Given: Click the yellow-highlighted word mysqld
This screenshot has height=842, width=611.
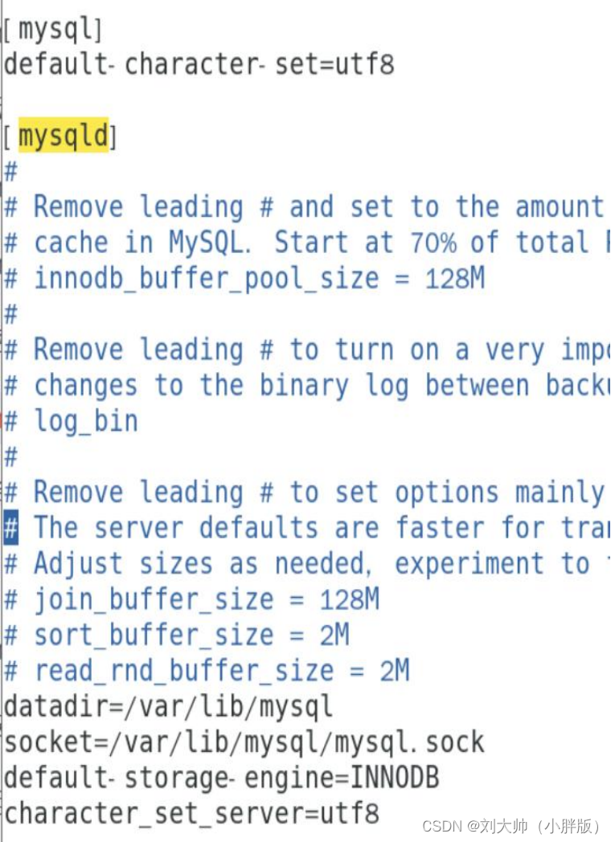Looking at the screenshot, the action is coord(64,136).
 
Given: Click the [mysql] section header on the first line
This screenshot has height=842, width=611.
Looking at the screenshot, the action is coord(53,30).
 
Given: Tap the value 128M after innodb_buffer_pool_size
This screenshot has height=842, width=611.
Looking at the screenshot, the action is coord(454,278).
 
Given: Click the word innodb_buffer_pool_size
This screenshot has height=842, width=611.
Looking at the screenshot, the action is coord(206,279).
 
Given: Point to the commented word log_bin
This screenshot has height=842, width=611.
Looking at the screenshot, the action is coord(85,421).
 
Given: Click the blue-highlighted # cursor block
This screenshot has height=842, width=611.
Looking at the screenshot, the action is coord(11,529).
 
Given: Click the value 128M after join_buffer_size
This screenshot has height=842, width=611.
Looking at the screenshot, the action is coord(350,599).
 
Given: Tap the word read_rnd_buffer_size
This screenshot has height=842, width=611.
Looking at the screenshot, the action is coord(183,670).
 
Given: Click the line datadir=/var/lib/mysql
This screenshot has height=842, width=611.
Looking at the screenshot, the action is coord(168,706).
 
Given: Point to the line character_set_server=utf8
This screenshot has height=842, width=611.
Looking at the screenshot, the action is coord(191,812).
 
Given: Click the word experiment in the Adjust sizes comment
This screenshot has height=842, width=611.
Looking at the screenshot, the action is coord(469,564).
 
